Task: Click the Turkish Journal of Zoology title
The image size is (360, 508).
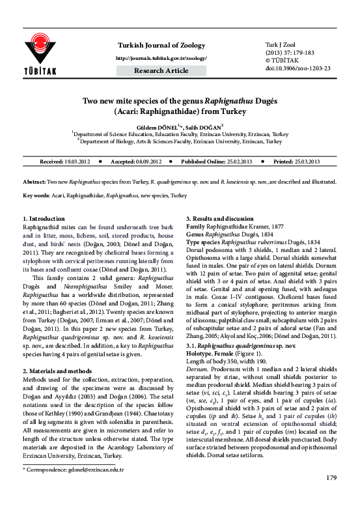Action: [x=151, y=44]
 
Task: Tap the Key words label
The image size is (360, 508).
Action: [x=38, y=195]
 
